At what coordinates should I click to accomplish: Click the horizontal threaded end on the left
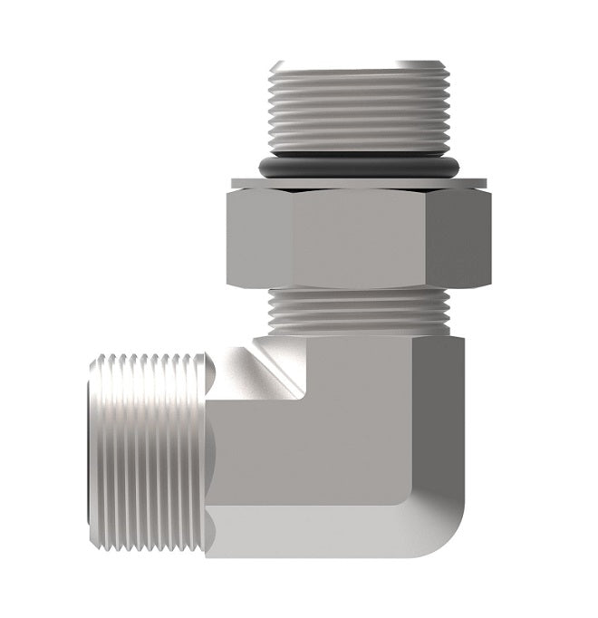(x=149, y=444)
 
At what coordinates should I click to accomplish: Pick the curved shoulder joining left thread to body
(x=215, y=444)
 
